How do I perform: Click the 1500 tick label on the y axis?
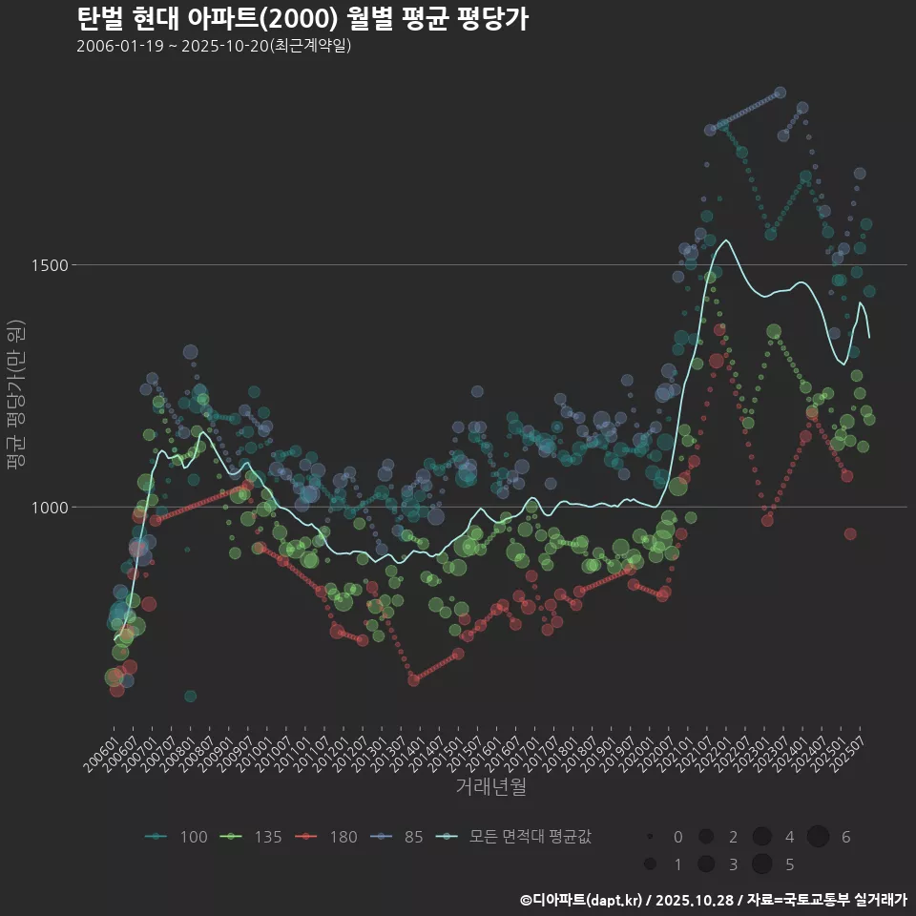[x=48, y=265]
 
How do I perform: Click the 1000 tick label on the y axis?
[x=48, y=508]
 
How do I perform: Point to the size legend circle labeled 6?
[x=818, y=837]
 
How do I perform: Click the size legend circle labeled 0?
[x=650, y=837]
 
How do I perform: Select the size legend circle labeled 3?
[x=706, y=864]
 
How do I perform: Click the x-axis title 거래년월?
[x=490, y=787]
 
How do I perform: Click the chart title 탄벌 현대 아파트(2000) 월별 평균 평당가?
[x=302, y=19]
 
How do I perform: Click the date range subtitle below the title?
[x=214, y=46]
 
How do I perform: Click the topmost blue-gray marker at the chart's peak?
[x=780, y=92]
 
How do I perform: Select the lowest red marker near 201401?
[x=413, y=680]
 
